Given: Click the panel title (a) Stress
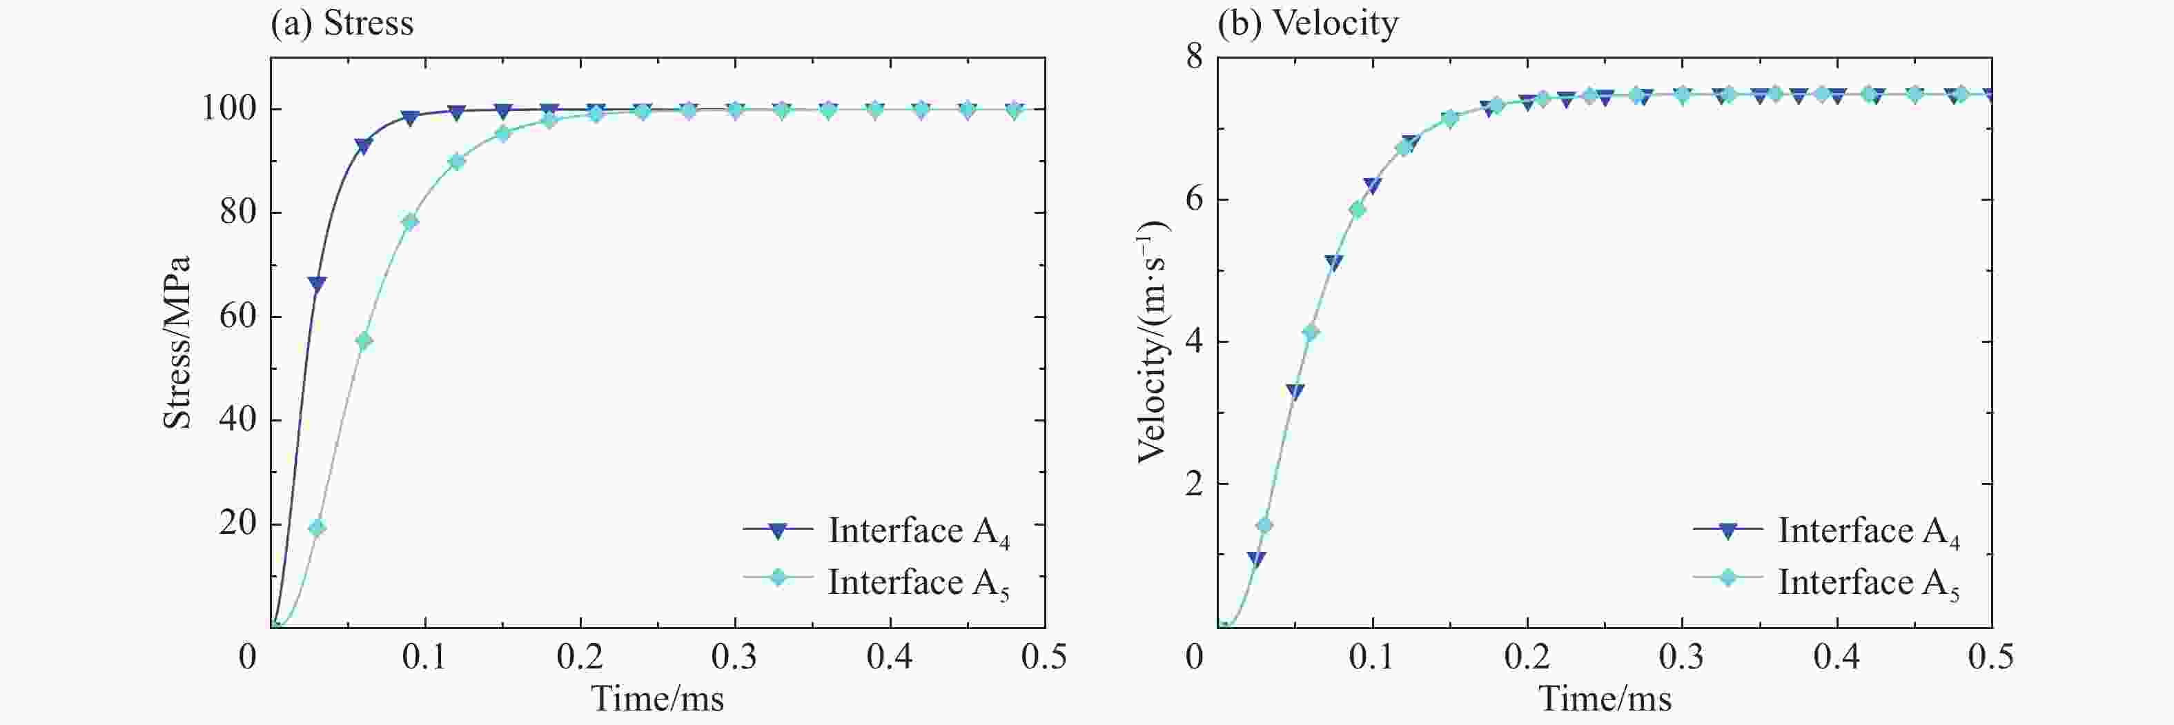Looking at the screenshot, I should [x=342, y=23].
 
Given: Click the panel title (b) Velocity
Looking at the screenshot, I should [x=1307, y=23].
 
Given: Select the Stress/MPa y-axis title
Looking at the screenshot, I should [x=177, y=342].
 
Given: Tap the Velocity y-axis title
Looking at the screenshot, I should [x=1151, y=342].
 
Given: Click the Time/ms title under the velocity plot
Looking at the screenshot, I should [x=1605, y=699].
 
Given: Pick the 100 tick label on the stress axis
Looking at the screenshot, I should [x=228, y=108].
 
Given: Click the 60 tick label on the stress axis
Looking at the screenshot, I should [x=237, y=316].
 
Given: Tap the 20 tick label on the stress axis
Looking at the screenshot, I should [x=237, y=524].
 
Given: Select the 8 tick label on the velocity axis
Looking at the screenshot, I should [x=1193, y=57].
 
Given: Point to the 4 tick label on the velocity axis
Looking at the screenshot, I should [x=1193, y=342].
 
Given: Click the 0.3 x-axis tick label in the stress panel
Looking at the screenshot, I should [x=734, y=657].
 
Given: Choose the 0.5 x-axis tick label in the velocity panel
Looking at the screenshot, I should [x=1990, y=657].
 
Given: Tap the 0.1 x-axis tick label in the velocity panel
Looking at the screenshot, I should [x=1371, y=657].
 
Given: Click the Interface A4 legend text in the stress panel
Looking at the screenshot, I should [x=918, y=532].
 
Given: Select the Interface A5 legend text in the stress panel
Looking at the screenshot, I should [x=918, y=583].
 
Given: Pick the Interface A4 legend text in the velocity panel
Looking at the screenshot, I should [x=1868, y=532].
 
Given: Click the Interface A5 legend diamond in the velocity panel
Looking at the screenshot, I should [x=1727, y=578].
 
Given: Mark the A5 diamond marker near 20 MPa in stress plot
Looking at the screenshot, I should [x=317, y=528].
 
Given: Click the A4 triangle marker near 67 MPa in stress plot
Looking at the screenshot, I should [x=317, y=284].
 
